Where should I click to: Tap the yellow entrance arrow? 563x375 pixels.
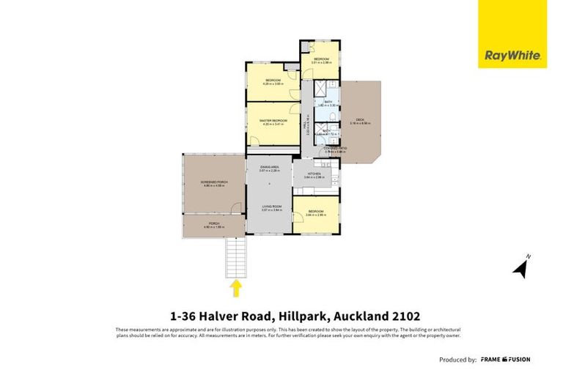coord(237,288)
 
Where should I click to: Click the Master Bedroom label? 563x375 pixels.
coord(271,122)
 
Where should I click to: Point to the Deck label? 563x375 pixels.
coord(360,121)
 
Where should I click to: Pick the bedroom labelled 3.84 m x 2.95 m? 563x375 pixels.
coord(316,214)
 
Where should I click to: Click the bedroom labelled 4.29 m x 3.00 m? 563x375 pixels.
coord(273,81)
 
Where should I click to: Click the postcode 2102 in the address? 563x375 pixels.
coord(404,316)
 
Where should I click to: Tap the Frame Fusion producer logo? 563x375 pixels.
coord(506,360)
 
